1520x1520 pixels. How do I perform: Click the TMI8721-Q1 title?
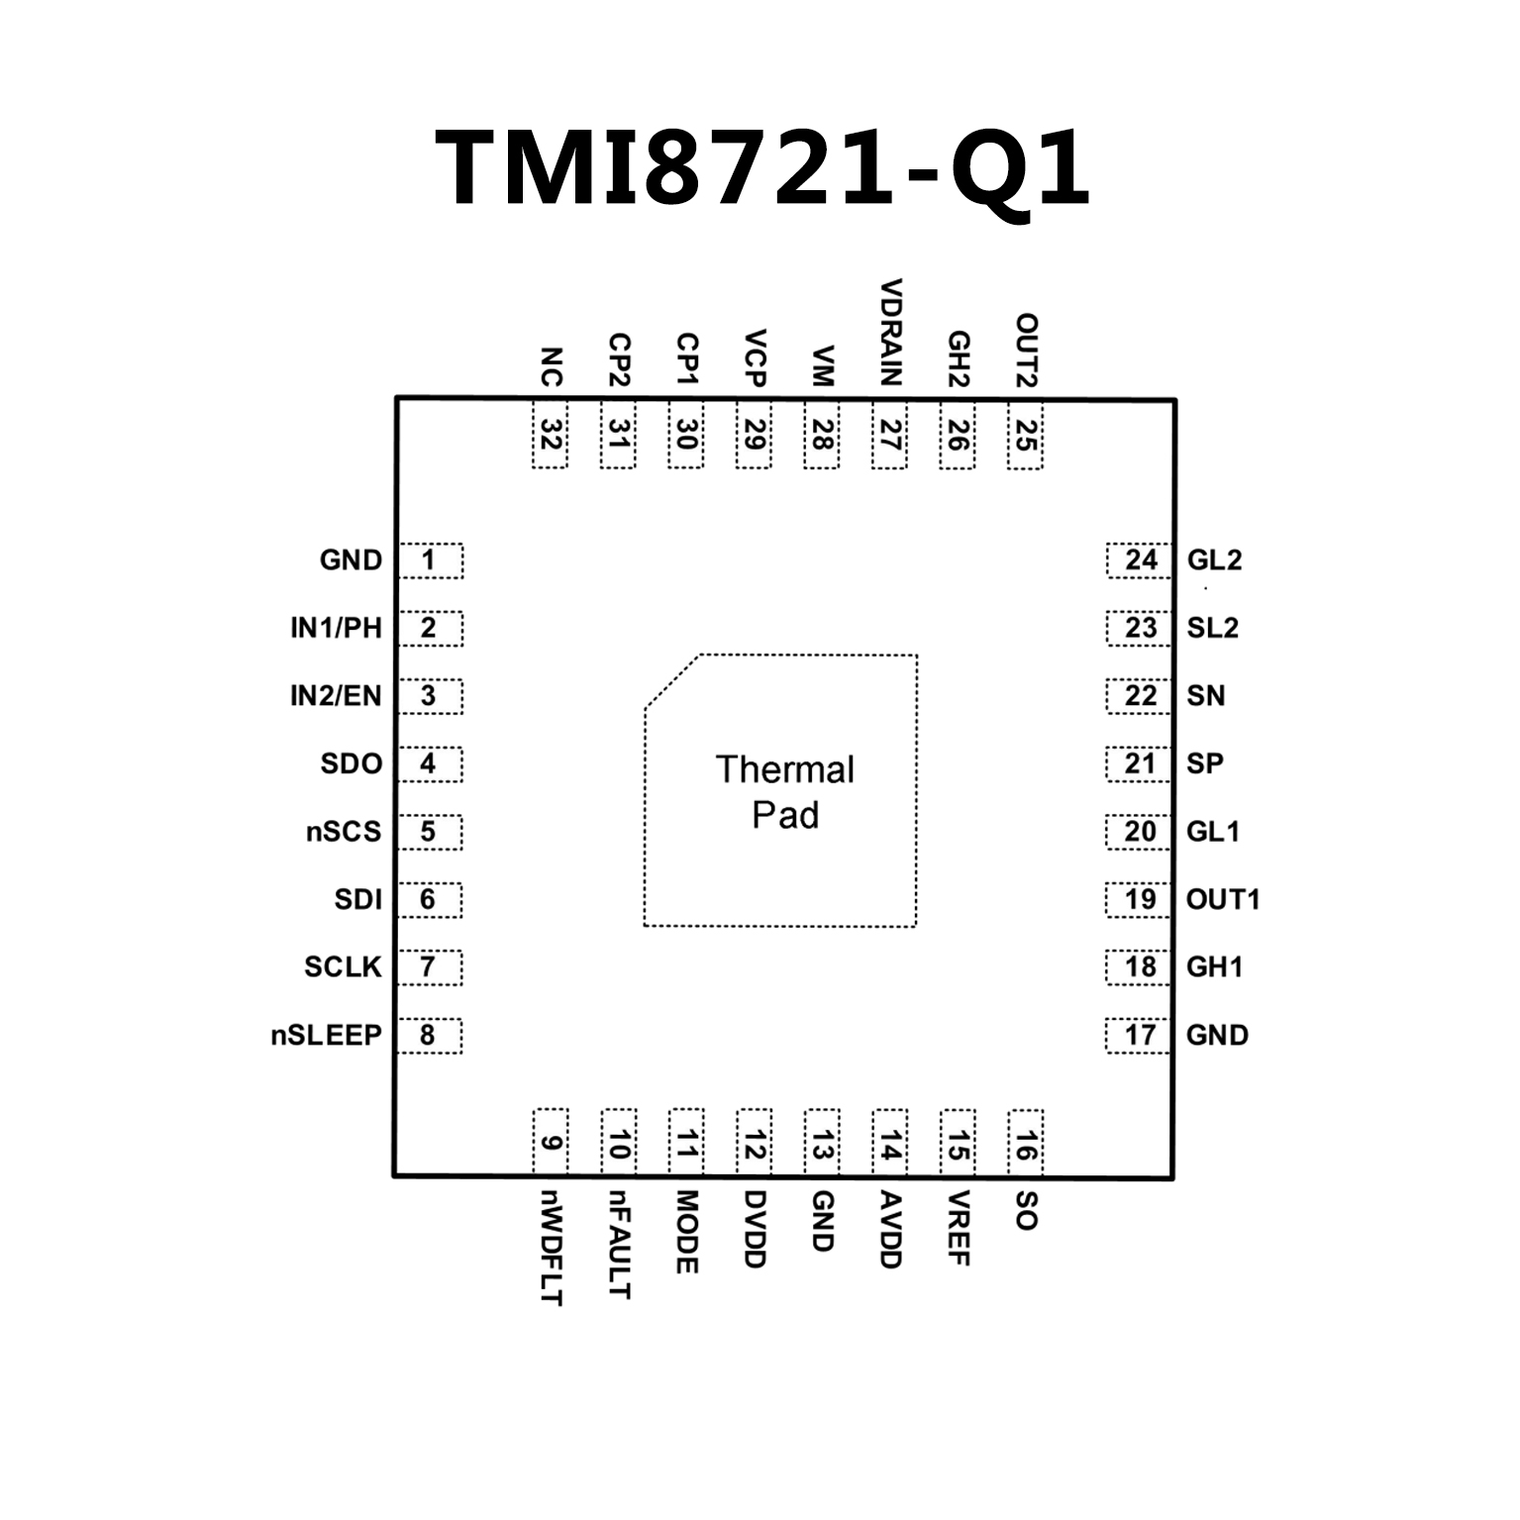tap(762, 168)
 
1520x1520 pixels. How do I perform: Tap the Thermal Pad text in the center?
tap(784, 792)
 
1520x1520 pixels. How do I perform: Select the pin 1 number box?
tap(429, 560)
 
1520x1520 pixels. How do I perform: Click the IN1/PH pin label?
tap(336, 628)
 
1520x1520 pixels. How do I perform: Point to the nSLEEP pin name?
tap(326, 1036)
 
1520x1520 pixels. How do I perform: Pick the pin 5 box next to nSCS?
tap(429, 832)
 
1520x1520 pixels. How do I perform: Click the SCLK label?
tap(343, 967)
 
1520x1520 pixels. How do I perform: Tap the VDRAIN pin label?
tap(891, 333)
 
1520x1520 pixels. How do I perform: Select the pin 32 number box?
tap(551, 435)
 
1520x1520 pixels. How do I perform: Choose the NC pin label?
tap(551, 366)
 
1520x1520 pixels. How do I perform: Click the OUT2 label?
tap(1026, 351)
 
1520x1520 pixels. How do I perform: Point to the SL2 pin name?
tap(1212, 628)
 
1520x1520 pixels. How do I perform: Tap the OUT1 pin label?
tap(1223, 900)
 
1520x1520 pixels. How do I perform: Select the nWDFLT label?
tap(552, 1248)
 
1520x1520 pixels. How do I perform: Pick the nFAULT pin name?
tap(619, 1245)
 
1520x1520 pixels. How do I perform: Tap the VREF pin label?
tap(958, 1229)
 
